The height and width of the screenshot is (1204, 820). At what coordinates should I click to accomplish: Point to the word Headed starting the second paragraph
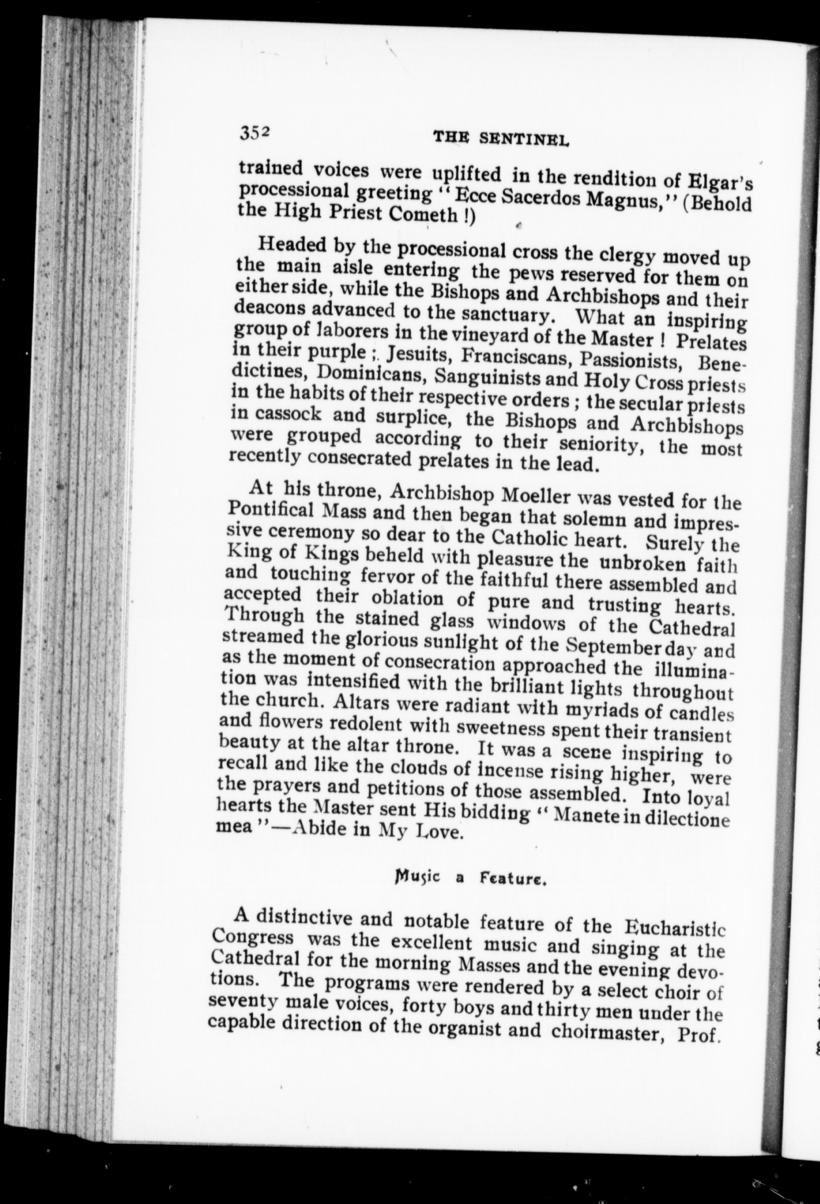(x=291, y=245)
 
